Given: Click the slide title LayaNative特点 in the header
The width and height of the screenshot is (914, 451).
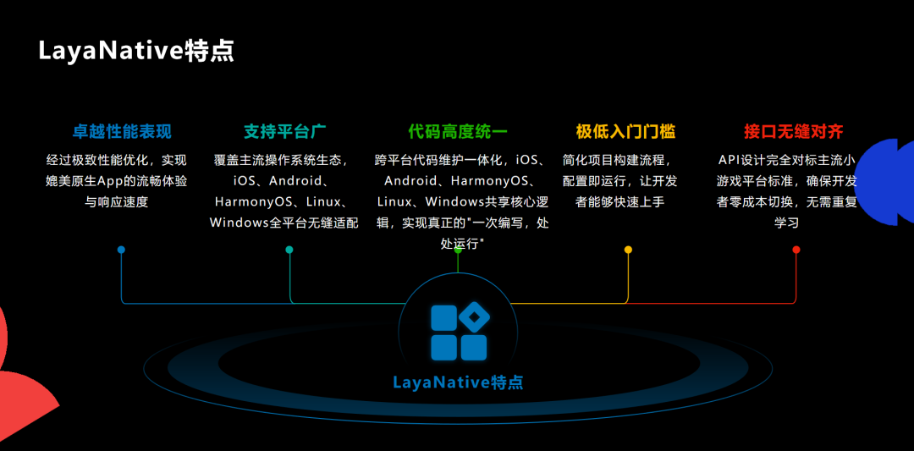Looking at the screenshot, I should coord(136,51).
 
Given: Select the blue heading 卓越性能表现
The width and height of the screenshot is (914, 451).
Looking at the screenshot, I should coord(122,132).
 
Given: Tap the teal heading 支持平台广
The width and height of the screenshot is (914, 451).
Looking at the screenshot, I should coord(285,132).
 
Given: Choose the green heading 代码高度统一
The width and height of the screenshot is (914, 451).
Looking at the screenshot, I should coord(457,132).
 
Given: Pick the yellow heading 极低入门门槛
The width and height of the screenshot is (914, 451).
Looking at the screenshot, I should coord(625,132).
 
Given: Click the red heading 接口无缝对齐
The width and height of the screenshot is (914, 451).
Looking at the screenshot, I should coord(793,132).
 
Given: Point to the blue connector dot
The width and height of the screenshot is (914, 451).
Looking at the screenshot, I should coord(121,250).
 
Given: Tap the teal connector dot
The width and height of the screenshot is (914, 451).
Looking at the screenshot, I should coord(289,250).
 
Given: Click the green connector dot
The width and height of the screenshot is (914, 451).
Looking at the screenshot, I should coord(458,250).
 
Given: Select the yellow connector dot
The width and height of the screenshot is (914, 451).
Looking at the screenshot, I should coord(628,250).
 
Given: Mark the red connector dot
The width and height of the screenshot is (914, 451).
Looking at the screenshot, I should coord(796,250).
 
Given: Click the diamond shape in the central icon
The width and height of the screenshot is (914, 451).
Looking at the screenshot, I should coord(475,317).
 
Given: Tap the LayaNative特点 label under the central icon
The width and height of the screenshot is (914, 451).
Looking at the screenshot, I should coord(458,382).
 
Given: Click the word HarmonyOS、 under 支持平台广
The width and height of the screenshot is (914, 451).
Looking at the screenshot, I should coord(254,202).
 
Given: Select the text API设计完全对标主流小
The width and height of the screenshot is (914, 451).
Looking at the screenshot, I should coord(786,159).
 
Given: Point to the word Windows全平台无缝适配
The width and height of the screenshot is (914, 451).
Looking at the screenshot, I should coord(284,223).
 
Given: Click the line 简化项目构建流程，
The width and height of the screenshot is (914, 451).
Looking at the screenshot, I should coord(620,159).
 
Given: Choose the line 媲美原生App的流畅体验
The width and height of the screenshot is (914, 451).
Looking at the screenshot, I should coord(117,180).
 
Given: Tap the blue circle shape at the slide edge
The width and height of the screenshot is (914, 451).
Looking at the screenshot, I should coord(889,182).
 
